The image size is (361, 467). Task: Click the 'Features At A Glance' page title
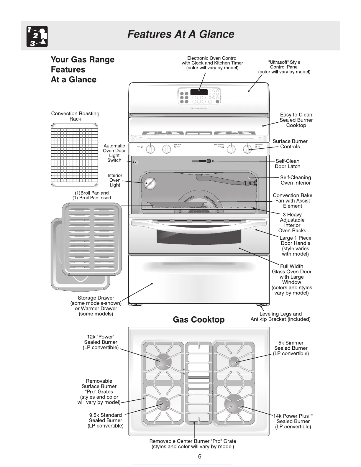tap(180, 34)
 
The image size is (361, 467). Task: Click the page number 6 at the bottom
tap(200, 457)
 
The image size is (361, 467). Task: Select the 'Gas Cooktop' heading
tap(198, 320)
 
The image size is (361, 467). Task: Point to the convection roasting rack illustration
tap(74, 155)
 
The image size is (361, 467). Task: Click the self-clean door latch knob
tap(209, 161)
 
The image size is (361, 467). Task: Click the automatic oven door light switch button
tap(135, 162)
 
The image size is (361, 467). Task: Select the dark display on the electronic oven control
tap(199, 92)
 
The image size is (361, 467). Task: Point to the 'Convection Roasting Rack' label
tap(75, 116)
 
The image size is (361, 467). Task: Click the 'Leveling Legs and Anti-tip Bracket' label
tap(280, 317)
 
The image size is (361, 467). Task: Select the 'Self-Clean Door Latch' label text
tap(287, 164)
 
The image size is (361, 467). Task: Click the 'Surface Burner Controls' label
tap(290, 144)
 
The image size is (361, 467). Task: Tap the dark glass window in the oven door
tap(198, 238)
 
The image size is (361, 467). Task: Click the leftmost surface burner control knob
tap(150, 149)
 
